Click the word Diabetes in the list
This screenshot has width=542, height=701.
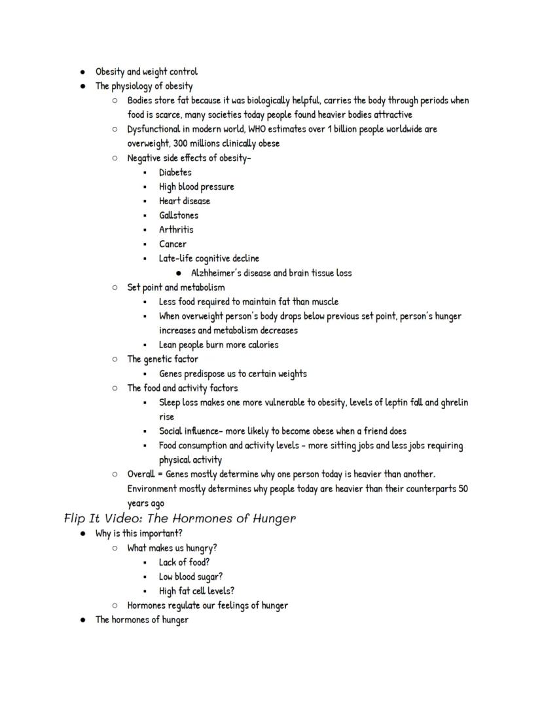tap(175, 172)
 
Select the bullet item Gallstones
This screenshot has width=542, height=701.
tap(179, 215)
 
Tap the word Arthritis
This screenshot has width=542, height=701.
tap(176, 230)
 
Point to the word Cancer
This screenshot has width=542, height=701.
tap(173, 244)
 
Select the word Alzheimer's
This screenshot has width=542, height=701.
tap(218, 273)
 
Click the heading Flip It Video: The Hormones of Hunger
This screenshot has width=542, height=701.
tap(180, 518)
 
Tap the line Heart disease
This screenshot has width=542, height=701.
tap(185, 201)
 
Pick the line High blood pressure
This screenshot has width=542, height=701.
tap(196, 187)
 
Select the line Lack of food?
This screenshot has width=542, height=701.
tap(185, 562)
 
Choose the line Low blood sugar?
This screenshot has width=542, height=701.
tap(190, 577)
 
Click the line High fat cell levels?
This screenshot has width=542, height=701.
tap(196, 591)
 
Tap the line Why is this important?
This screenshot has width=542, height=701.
tap(139, 533)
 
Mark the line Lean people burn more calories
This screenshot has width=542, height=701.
tap(219, 345)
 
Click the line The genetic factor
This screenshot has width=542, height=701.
tap(162, 359)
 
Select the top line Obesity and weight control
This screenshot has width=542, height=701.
tap(146, 71)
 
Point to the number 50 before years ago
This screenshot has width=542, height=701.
tap(463, 489)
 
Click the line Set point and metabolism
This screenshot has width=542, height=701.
tap(176, 287)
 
